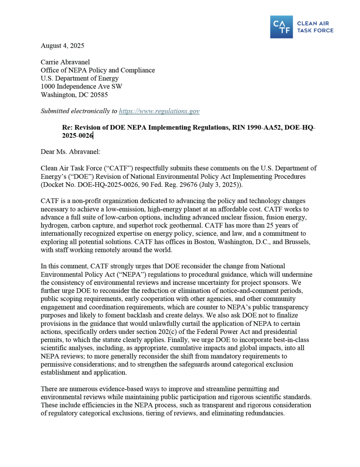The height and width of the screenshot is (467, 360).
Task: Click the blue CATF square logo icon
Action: click(x=281, y=27)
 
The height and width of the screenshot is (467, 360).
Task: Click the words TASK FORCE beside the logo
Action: click(x=315, y=30)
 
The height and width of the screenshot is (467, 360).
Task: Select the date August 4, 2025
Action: click(x=62, y=46)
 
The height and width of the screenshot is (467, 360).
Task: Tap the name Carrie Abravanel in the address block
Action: click(x=65, y=62)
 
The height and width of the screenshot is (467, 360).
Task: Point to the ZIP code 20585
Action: click(x=99, y=95)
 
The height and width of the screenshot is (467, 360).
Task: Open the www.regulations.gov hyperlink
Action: click(x=159, y=111)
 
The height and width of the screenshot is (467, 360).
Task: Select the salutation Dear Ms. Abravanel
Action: click(x=70, y=152)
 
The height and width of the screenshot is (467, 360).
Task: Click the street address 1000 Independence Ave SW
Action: click(x=81, y=86)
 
